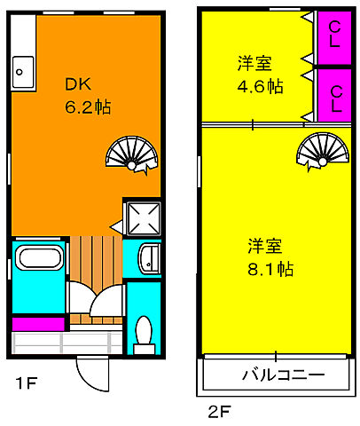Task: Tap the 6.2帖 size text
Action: [x=85, y=106]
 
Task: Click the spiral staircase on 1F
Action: [x=129, y=153]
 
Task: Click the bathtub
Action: [x=38, y=263]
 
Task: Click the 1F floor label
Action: [x=25, y=383]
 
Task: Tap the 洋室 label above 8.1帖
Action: [x=265, y=244]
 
